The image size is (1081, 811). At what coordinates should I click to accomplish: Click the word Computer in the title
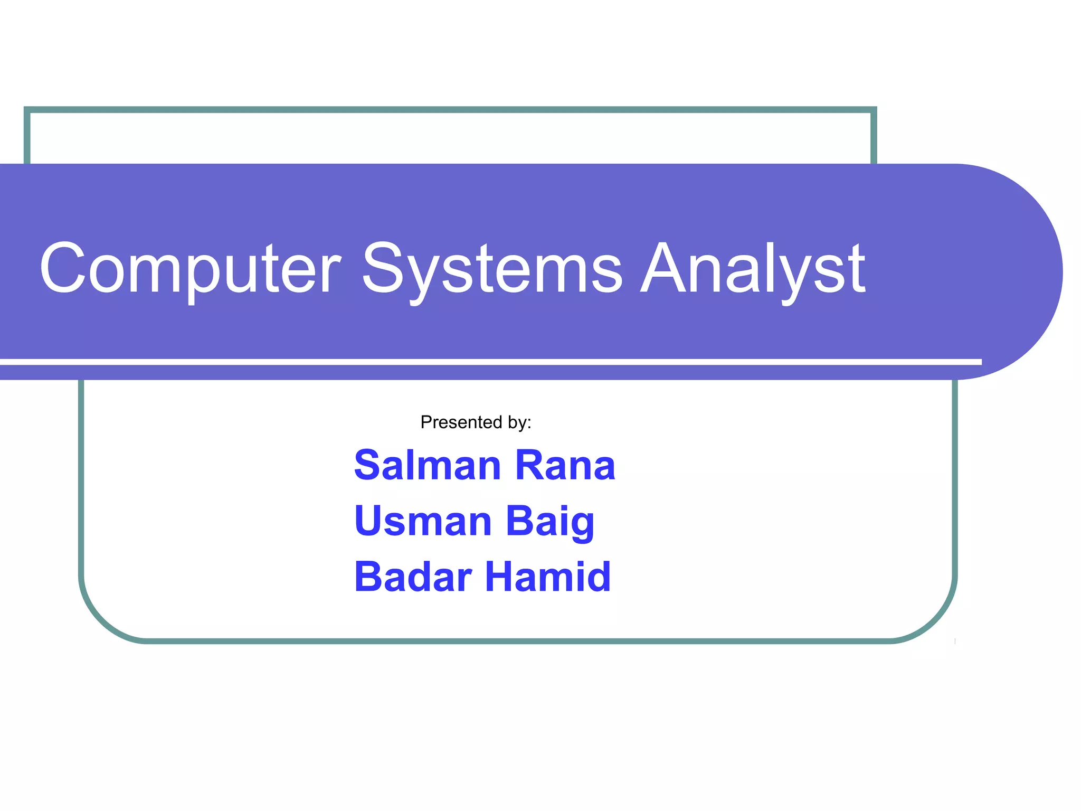(190, 269)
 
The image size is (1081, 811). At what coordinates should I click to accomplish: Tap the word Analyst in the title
(753, 269)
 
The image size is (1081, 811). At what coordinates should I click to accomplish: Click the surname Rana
(565, 466)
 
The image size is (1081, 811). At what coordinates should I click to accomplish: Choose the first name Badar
(413, 577)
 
